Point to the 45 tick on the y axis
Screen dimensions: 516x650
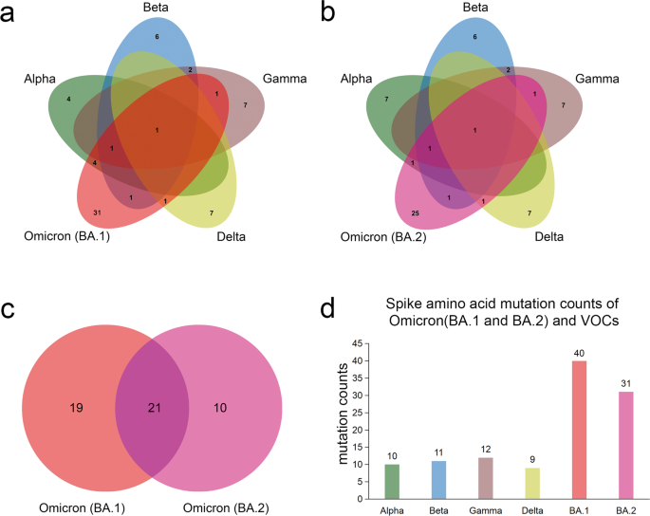[357, 344]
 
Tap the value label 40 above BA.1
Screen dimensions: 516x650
[577, 353]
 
